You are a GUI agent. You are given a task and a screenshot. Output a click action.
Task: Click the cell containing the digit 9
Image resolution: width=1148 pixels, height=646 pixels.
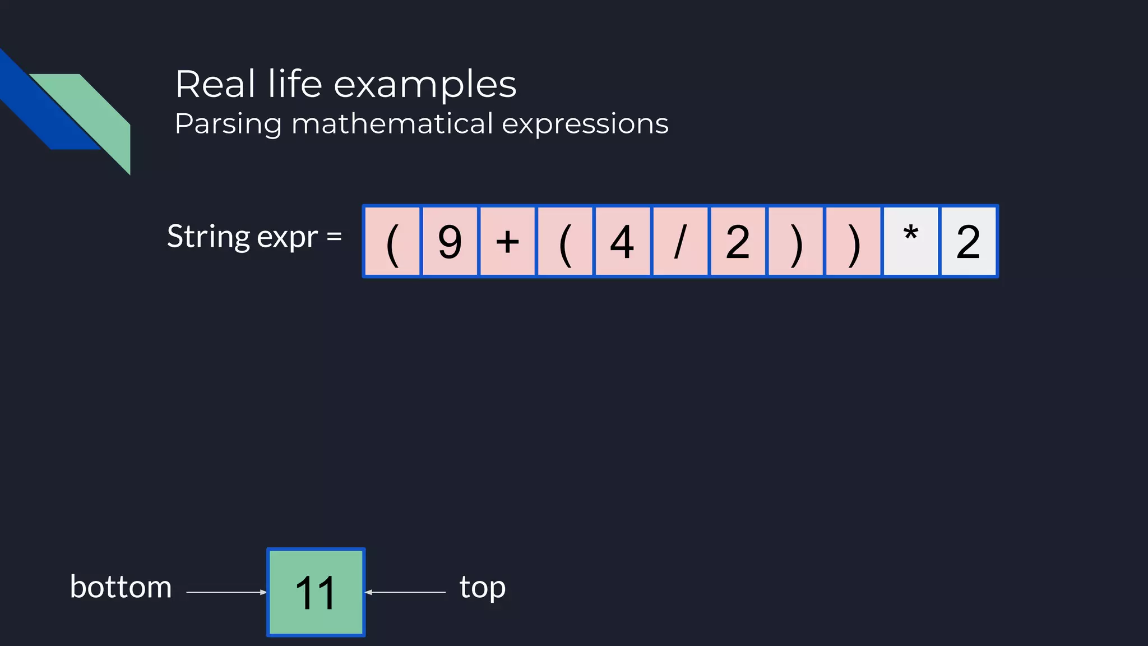pyautogui.click(x=450, y=242)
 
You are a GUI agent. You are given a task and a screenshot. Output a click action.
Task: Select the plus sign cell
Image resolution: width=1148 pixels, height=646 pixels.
pyautogui.click(x=507, y=242)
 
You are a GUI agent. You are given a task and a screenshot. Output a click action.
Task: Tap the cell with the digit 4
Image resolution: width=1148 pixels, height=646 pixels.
pyautogui.click(x=622, y=242)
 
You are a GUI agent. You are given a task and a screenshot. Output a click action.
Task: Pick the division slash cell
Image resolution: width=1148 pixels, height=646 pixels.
pyautogui.click(x=680, y=242)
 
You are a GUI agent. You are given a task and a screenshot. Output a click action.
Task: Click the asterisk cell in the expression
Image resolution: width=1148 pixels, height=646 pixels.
pyautogui.click(x=910, y=242)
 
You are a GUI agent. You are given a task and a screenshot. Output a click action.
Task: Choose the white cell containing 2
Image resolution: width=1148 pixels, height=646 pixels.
pyautogui.click(x=968, y=242)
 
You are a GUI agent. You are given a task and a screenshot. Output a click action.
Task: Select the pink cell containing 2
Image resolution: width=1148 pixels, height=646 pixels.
pyautogui.click(x=738, y=242)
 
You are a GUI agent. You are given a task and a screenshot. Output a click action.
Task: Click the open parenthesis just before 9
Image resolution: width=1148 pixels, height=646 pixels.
pyautogui.click(x=392, y=242)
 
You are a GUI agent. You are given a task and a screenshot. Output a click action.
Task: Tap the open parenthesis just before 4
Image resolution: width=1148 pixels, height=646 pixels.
pyautogui.click(x=565, y=242)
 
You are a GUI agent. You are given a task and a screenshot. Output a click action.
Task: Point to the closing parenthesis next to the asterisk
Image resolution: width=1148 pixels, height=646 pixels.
pyautogui.click(x=853, y=242)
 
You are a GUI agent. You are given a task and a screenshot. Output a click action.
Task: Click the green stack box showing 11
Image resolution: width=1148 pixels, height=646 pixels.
pyautogui.click(x=316, y=592)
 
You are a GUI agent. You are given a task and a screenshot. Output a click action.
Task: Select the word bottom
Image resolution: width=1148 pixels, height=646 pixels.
pyautogui.click(x=121, y=587)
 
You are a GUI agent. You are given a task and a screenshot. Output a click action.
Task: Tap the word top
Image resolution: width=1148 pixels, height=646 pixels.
pyautogui.click(x=482, y=587)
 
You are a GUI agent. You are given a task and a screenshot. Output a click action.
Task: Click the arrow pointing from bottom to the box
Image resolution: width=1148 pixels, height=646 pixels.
pyautogui.click(x=226, y=592)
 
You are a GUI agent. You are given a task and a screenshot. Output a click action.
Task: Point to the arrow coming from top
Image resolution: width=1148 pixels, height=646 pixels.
pyautogui.click(x=405, y=592)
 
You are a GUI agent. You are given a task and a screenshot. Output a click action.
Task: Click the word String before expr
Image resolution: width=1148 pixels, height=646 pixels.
pyautogui.click(x=208, y=236)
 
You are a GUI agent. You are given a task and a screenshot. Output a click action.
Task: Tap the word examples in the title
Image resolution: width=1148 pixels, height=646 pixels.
pyautogui.click(x=425, y=85)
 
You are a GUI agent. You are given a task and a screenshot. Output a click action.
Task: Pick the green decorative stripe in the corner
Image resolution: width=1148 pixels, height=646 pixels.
pyautogui.click(x=95, y=115)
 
